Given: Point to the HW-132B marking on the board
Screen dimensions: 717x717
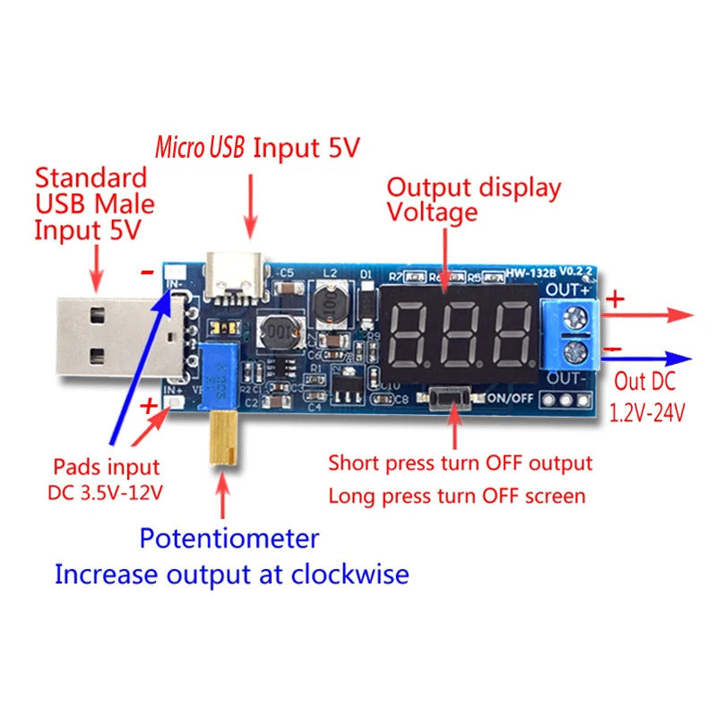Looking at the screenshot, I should point(531,271).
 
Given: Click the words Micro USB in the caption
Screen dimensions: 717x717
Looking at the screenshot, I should point(199,148).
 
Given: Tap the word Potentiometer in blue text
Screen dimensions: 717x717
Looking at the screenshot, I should point(229,539).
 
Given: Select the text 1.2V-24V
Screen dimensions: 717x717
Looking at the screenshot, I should point(647,413).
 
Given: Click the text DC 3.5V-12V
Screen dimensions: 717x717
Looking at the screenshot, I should point(106,492).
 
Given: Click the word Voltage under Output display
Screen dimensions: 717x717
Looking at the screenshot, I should point(431,213).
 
